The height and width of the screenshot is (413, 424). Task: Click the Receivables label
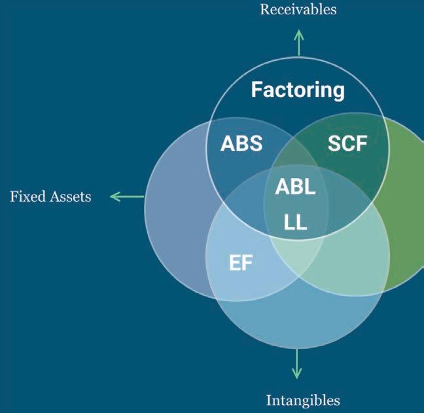(x=298, y=9)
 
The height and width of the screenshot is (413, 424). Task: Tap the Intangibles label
(x=303, y=399)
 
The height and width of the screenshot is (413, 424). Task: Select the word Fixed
(x=26, y=196)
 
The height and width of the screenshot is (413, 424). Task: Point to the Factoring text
(x=298, y=89)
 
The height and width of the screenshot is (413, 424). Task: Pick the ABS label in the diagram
(x=241, y=143)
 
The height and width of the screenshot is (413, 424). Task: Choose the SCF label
(x=347, y=144)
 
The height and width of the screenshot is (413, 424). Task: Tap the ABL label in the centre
(x=295, y=187)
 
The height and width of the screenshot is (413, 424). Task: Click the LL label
(x=295, y=223)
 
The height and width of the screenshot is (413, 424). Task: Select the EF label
(x=241, y=264)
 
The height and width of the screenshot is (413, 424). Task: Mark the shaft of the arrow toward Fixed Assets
(x=131, y=196)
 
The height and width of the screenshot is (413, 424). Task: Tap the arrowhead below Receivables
(x=299, y=32)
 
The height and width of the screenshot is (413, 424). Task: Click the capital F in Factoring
(x=256, y=89)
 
